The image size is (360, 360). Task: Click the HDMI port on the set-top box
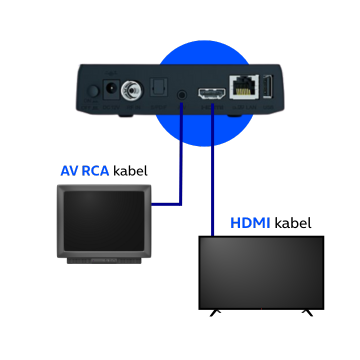click(211, 93)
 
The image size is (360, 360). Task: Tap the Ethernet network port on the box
click(241, 87)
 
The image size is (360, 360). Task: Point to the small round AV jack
click(182, 94)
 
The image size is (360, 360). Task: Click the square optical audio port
click(158, 89)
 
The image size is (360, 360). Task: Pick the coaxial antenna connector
click(128, 90)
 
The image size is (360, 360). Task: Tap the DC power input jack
click(108, 89)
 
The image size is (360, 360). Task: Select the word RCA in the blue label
click(97, 171)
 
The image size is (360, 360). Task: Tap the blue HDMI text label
click(250, 222)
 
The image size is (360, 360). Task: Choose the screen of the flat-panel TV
click(261, 271)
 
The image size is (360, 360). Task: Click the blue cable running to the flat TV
click(213, 170)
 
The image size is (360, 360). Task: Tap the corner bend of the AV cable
click(182, 204)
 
